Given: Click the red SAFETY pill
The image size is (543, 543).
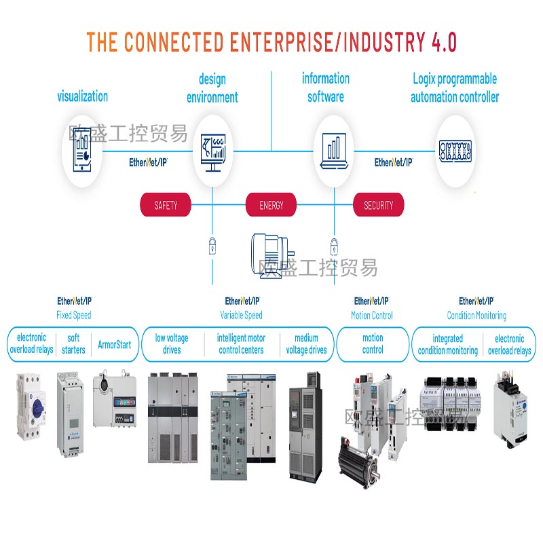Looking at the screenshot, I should point(166,205).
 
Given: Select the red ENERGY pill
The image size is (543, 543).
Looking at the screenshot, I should point(271,205).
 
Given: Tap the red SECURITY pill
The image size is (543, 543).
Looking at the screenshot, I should point(378,205).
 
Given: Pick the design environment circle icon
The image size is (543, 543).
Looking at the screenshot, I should point(212,150).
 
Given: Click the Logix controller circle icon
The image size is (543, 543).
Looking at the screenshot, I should point(455,150).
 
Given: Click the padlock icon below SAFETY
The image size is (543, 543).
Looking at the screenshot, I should point(212,244).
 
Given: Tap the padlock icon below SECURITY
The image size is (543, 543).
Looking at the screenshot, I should point(333,244).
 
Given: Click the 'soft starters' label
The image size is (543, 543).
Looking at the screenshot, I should point(73,344).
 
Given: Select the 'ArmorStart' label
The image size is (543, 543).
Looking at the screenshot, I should point(115,344).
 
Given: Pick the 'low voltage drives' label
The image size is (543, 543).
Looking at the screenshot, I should point(172,344).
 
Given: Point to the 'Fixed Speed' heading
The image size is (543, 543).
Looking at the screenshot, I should point(74,315).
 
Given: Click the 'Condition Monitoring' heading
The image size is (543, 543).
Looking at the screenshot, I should point(476,315).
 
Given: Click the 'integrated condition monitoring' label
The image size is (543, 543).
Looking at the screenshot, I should point(448,344).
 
